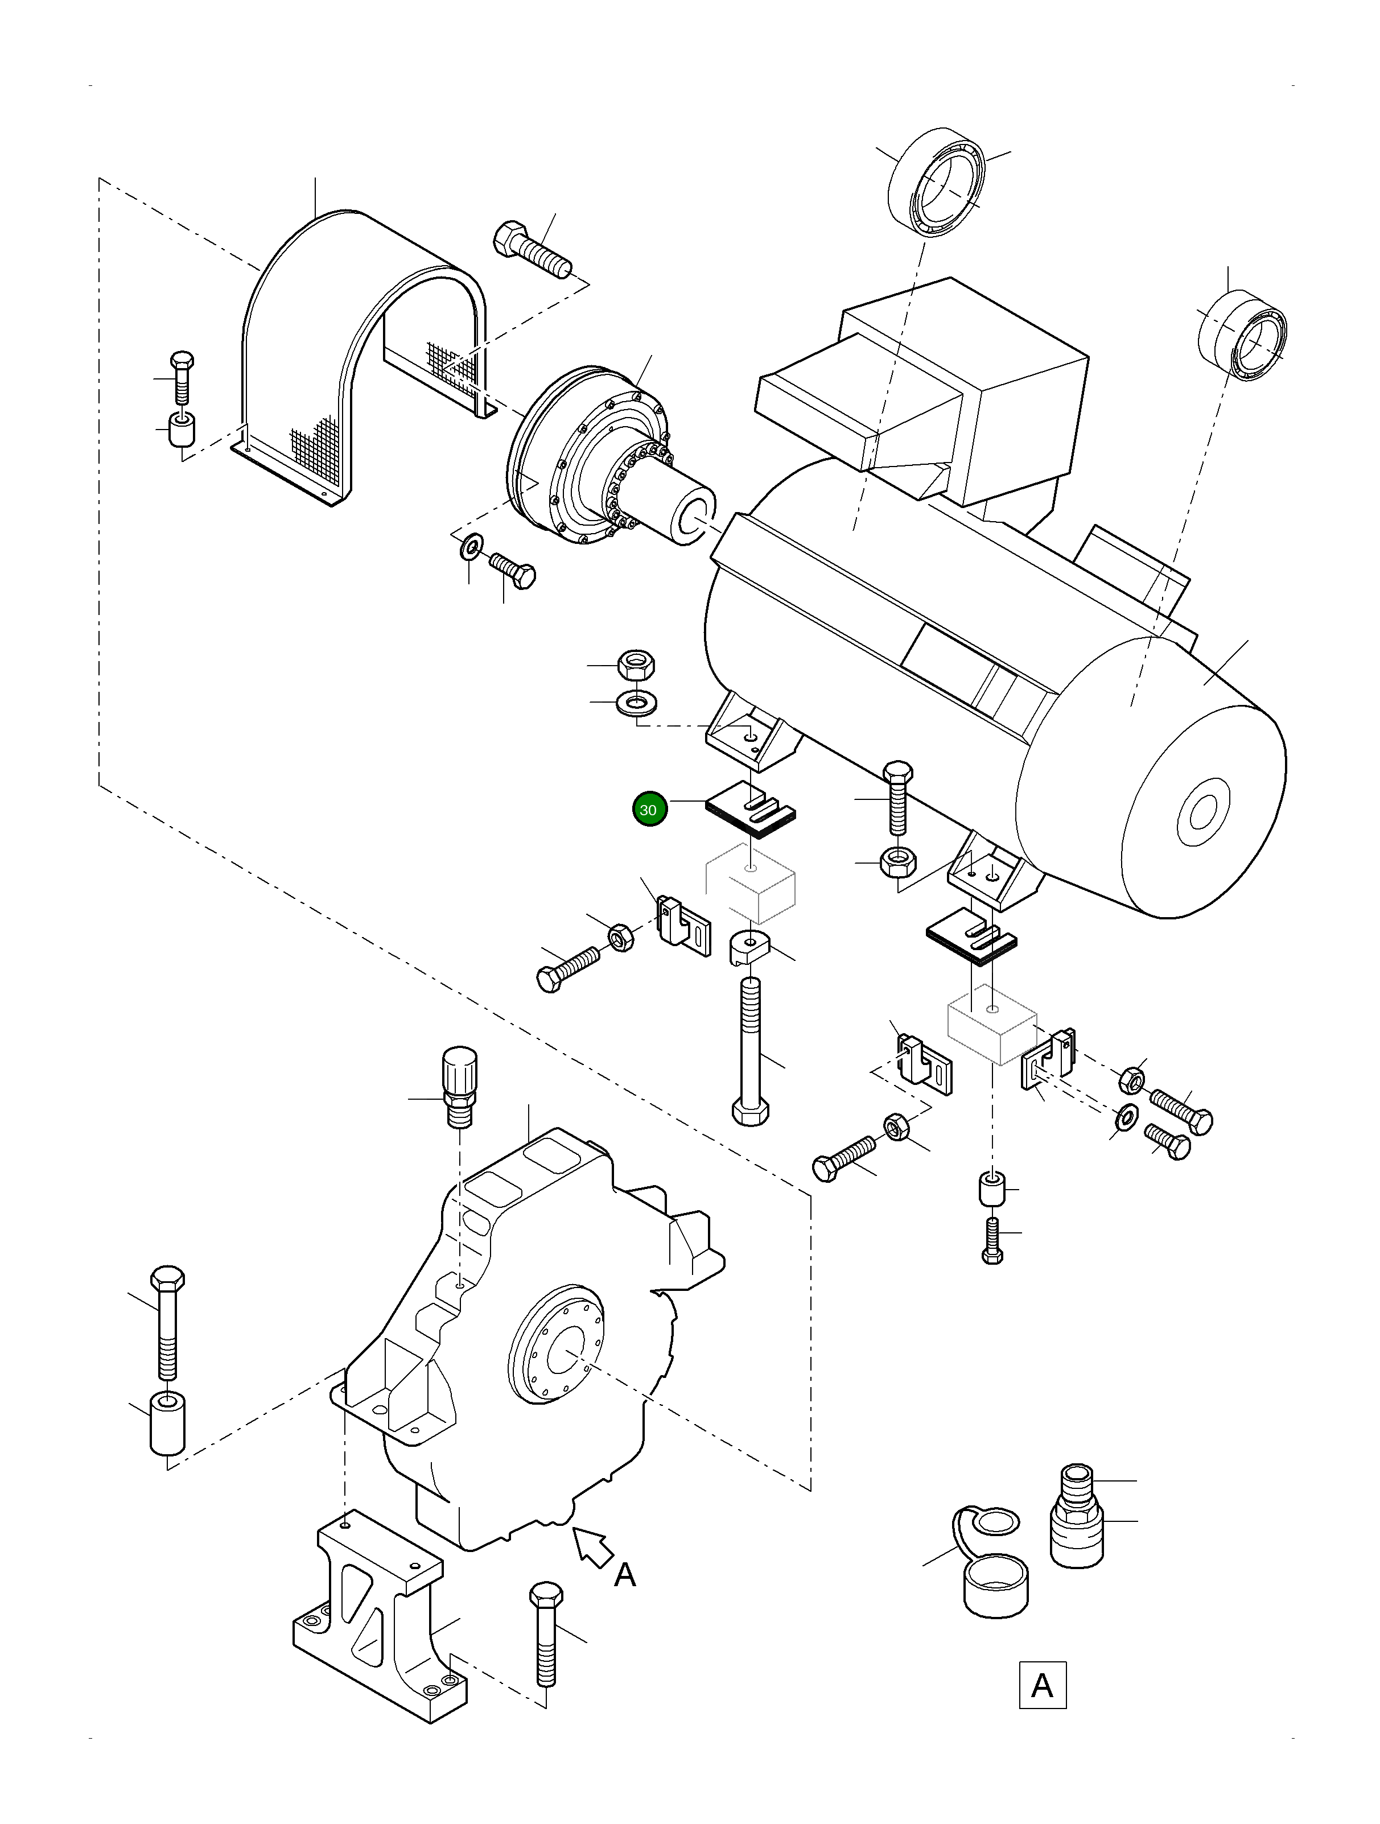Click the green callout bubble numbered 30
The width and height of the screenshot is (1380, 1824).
[x=649, y=809]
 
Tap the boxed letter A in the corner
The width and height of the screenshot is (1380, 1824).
[x=1042, y=1685]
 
